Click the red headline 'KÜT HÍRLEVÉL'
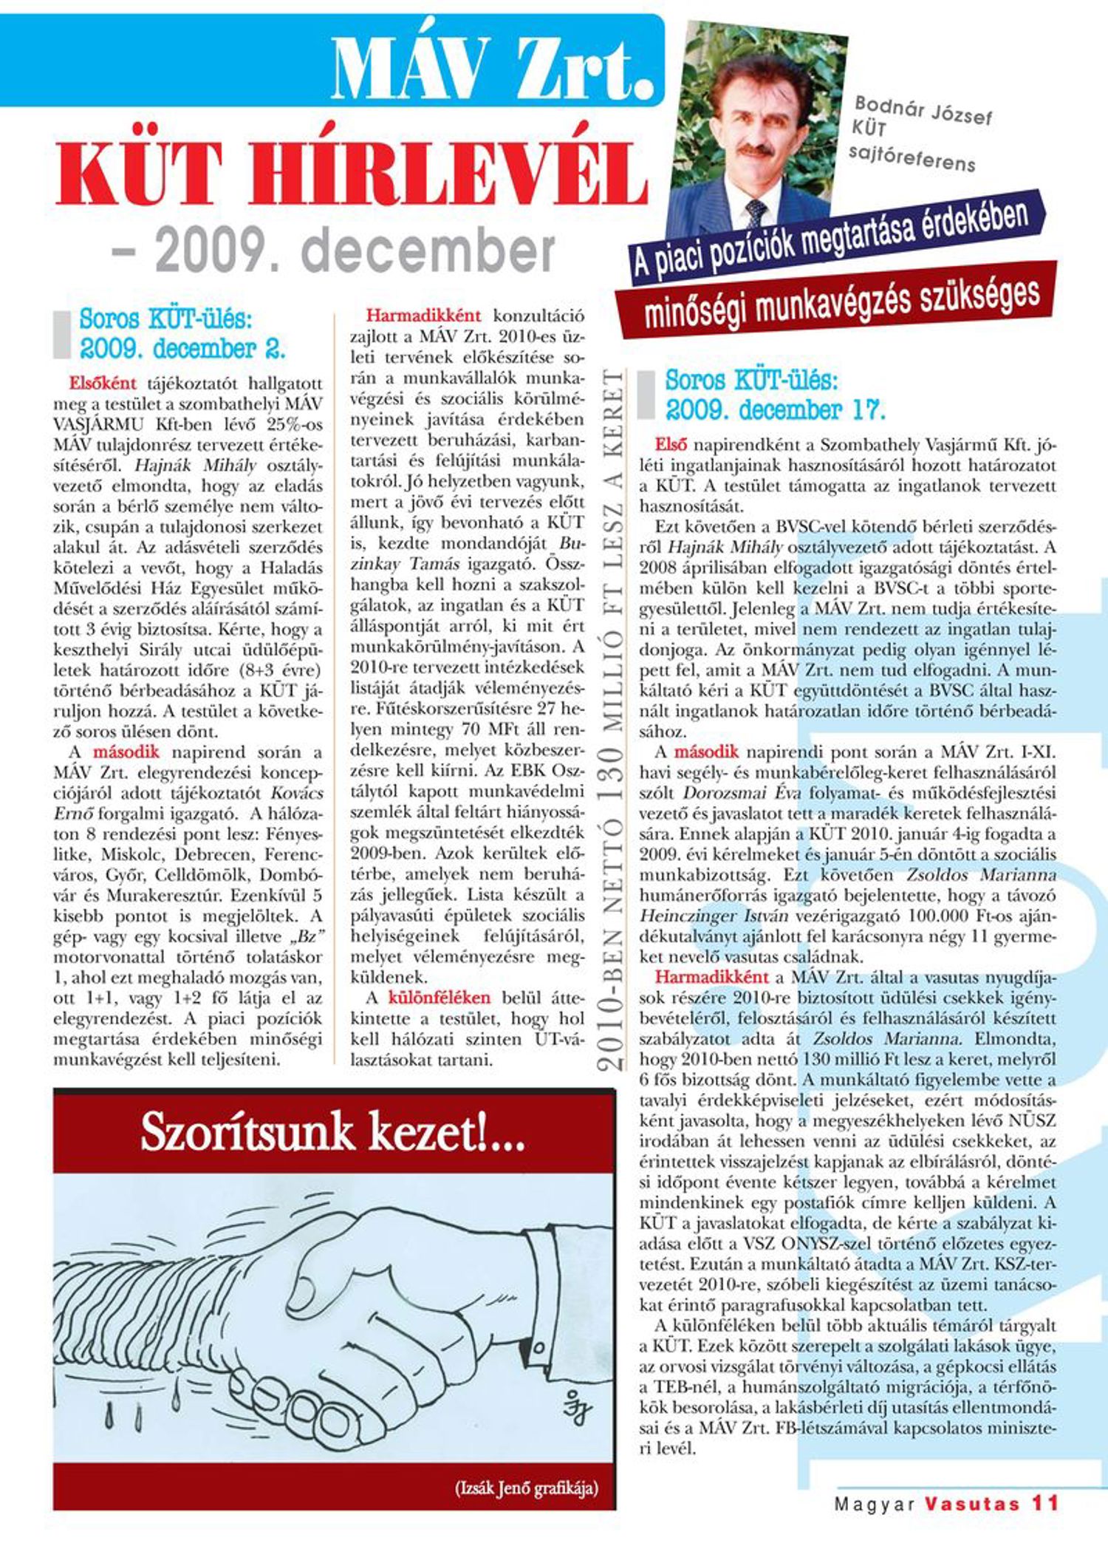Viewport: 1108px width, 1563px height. pos(352,174)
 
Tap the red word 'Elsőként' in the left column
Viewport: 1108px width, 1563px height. pos(103,384)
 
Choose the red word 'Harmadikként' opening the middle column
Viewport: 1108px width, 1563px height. pos(423,316)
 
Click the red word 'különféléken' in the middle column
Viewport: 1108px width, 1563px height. pos(439,998)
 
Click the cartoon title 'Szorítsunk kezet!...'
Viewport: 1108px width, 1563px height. pos(332,1132)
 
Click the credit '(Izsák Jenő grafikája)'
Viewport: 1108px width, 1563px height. pos(526,1488)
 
